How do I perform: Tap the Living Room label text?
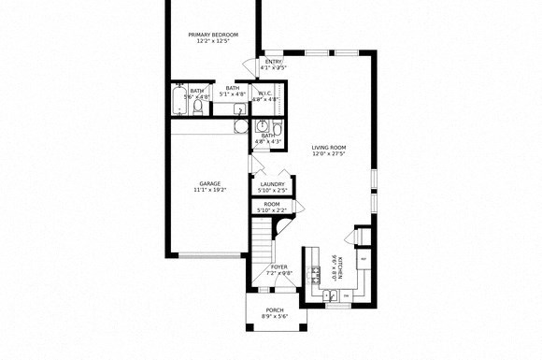pos(329,147)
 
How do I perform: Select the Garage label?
pos(209,183)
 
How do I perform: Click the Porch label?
pos(275,310)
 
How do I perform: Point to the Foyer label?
pos(279,267)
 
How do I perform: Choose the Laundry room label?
pos(272,184)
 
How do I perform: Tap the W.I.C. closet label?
pos(264,92)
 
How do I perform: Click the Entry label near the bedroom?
pos(274,62)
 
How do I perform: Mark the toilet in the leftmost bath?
pos(198,108)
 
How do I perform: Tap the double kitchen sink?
pos(331,295)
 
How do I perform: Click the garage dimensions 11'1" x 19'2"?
pos(209,190)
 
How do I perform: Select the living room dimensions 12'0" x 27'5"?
pos(329,153)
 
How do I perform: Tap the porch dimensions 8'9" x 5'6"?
pos(275,317)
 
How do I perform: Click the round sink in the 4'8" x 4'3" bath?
pos(263,124)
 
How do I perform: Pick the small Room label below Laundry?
pos(272,204)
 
